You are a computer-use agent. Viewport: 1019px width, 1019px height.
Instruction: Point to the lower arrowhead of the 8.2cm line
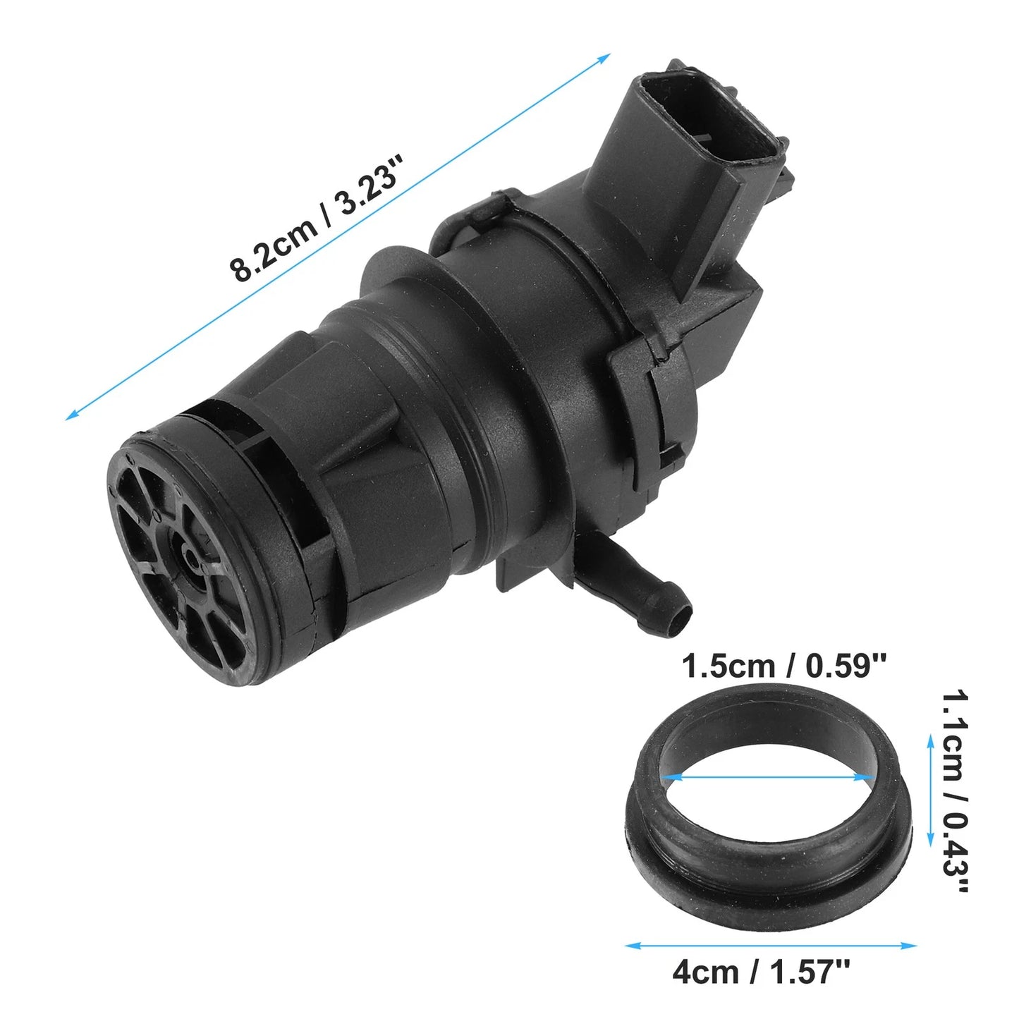pos(71,415)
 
